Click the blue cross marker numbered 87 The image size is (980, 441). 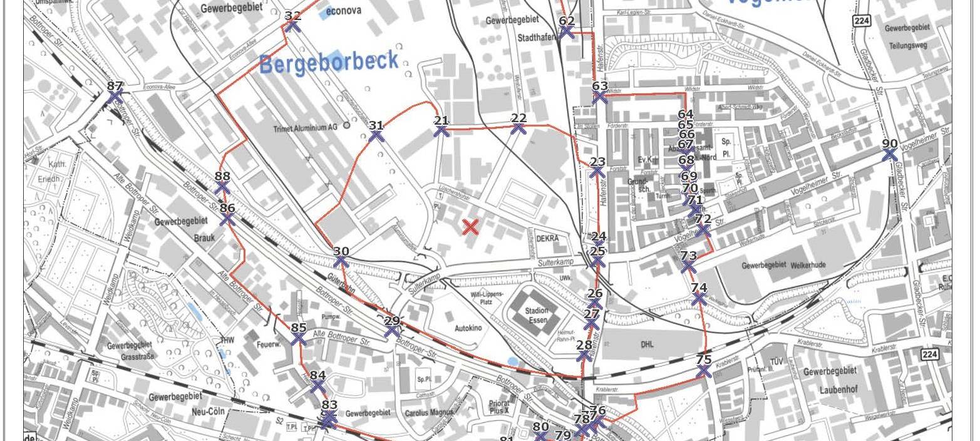pos(115,97)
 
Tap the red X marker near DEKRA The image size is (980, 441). pos(470,227)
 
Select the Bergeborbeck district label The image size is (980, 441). pos(329,62)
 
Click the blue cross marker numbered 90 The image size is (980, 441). pos(889,154)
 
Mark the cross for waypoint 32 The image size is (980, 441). pos(292,26)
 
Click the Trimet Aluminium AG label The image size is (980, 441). pos(305,127)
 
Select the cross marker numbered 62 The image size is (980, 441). pos(567,31)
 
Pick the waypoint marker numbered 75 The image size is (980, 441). pos(703,371)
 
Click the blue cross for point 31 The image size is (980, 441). pos(376,135)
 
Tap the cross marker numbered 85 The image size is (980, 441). pos(299,338)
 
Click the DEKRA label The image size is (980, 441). pos(547,238)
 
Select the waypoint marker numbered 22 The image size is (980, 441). pos(518,128)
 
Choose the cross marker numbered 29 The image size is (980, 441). pos(392,331)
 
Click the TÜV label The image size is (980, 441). pos(777,361)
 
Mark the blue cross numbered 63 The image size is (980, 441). pos(600,96)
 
